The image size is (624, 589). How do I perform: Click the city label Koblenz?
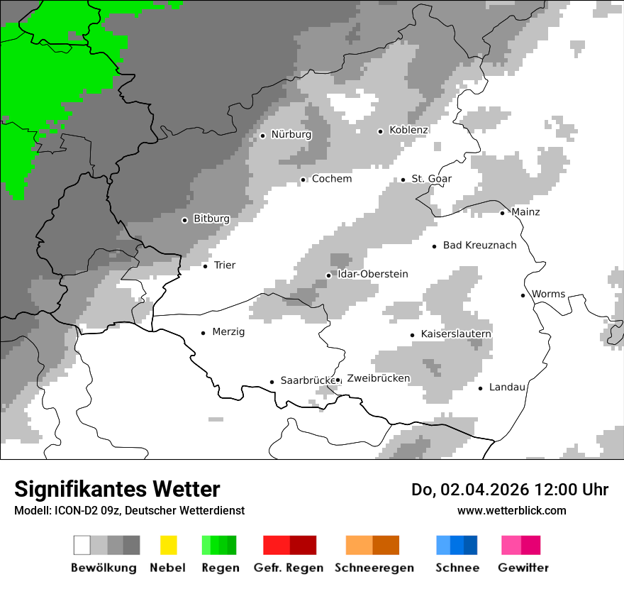click(408, 131)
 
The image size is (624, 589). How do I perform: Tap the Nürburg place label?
click(291, 135)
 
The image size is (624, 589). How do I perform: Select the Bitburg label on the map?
click(211, 219)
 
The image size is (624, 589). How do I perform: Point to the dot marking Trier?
click(205, 266)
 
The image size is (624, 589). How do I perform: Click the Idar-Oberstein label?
click(373, 275)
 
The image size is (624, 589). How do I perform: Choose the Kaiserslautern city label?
click(456, 334)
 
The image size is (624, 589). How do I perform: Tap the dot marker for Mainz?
click(502, 213)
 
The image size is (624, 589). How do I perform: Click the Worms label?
click(549, 294)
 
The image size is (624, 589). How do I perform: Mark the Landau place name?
click(507, 387)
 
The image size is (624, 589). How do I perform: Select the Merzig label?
click(228, 332)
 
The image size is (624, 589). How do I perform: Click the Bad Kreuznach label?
click(479, 246)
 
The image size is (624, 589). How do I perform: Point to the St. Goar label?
click(432, 179)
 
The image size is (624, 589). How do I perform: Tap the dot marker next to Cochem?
click(303, 180)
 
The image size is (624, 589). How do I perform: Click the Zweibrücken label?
click(379, 379)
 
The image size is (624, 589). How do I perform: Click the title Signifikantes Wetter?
click(117, 490)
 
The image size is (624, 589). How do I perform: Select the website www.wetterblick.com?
click(511, 511)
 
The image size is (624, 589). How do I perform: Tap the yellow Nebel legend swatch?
click(168, 545)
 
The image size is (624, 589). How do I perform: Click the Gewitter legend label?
click(523, 568)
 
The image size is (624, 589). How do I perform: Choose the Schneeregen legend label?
click(373, 568)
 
